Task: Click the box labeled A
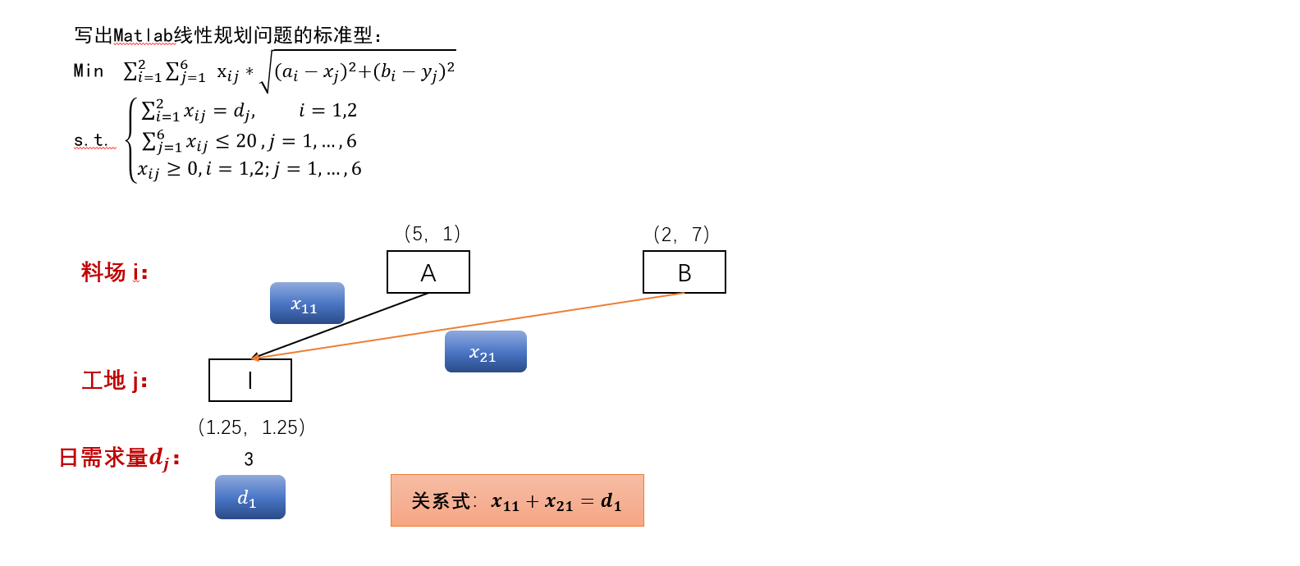coord(428,272)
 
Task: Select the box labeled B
coord(684,272)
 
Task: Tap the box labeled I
coord(250,380)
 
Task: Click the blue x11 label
coord(307,304)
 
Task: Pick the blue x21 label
coord(485,352)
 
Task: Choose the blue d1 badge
coord(249,497)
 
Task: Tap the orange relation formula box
coord(517,500)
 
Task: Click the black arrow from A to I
coord(341,326)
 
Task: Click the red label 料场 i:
coord(114,272)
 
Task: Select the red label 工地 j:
coord(114,381)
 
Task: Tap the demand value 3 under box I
coord(249,459)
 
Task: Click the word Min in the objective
coord(89,71)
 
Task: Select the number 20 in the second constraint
coord(246,141)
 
